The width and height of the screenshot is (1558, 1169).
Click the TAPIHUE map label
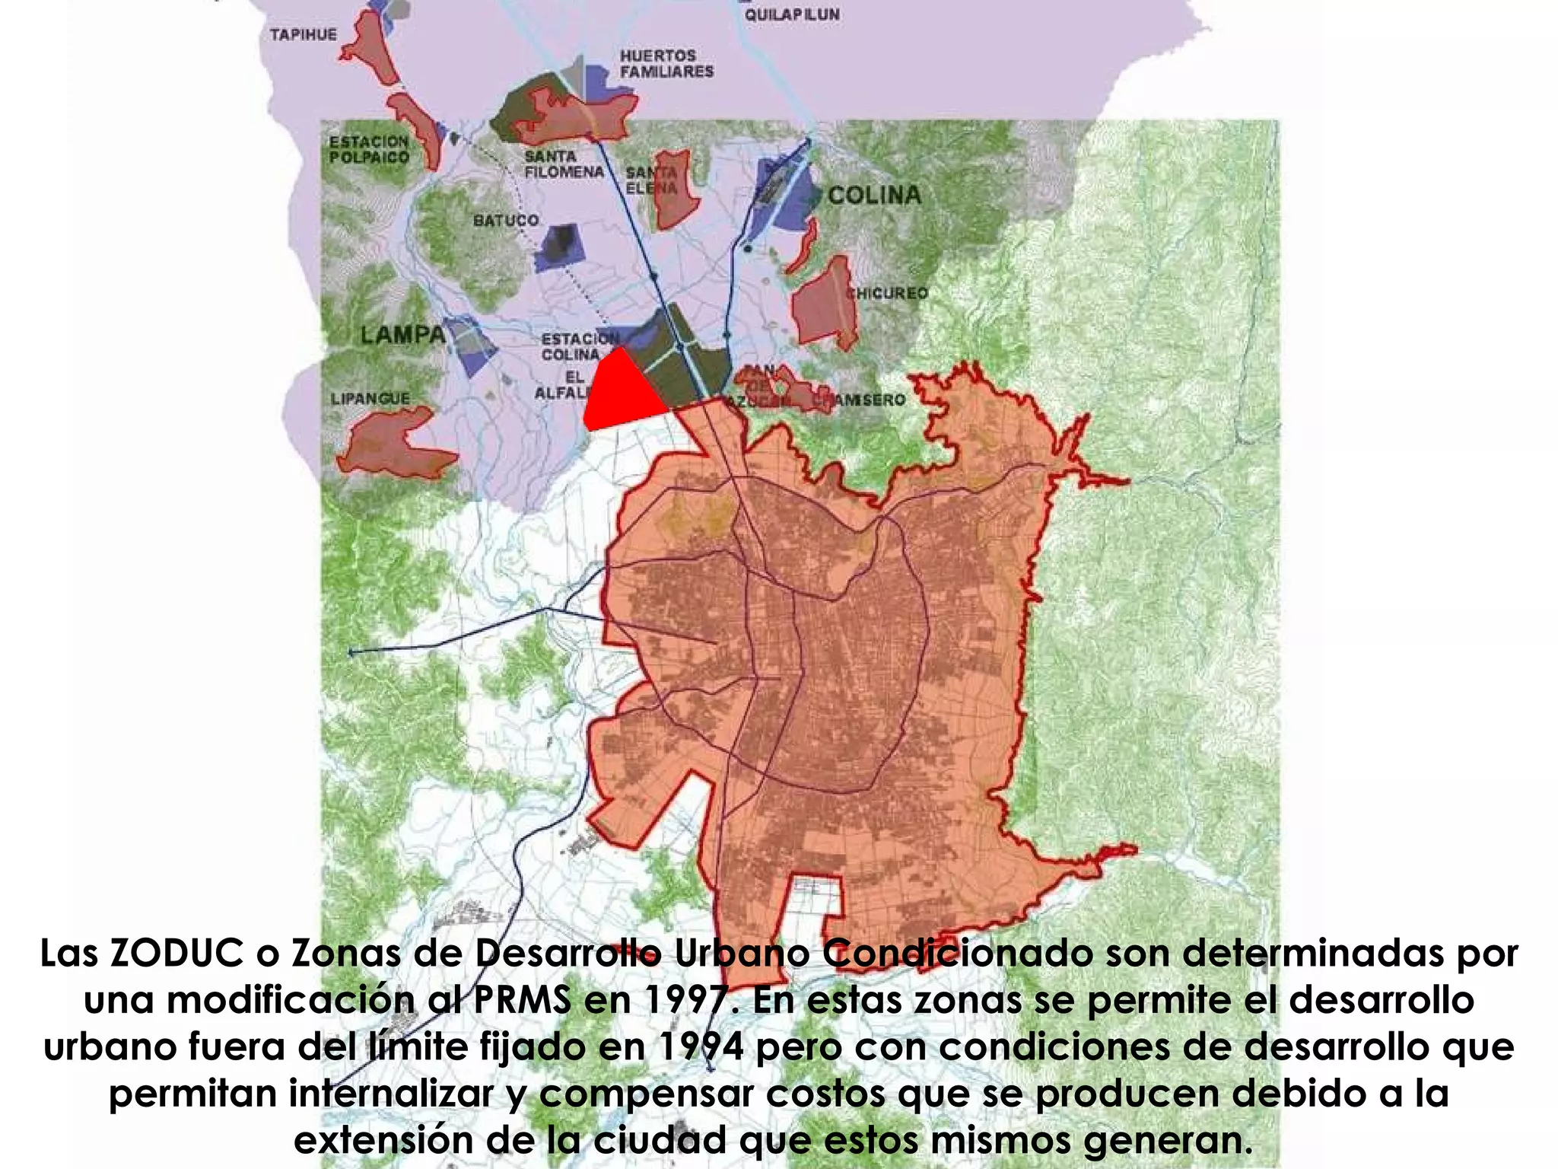tap(303, 34)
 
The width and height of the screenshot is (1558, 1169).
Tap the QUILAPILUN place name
tap(792, 14)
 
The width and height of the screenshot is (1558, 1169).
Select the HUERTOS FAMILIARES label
tap(666, 64)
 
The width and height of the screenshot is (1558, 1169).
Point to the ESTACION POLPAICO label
tap(369, 149)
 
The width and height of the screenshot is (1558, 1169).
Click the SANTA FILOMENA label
tap(564, 164)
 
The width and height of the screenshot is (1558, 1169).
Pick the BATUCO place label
tap(506, 220)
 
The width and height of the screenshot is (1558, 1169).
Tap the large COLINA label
tap(874, 195)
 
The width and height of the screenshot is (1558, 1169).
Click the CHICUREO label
tap(889, 293)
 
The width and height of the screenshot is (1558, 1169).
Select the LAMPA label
tap(402, 334)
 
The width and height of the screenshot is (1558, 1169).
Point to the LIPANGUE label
tap(370, 398)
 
